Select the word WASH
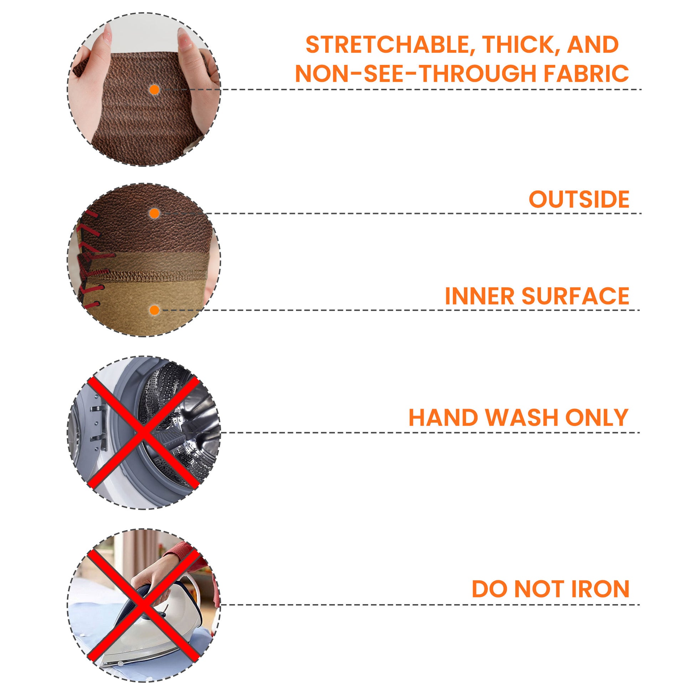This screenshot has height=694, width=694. tap(524, 417)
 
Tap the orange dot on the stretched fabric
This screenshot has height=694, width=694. tap(154, 90)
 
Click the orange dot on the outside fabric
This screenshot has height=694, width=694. tap(154, 214)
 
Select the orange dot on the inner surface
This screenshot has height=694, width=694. tap(154, 310)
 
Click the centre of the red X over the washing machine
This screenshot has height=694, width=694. tap(143, 433)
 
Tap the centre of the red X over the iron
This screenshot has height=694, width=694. tap(143, 604)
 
